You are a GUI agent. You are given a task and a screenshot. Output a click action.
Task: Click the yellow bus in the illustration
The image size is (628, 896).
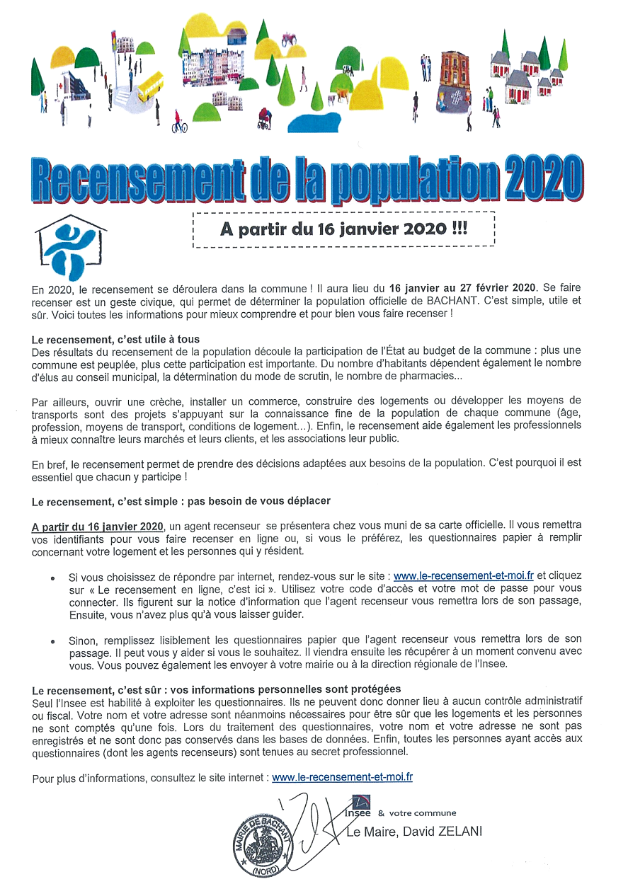(x=150, y=87)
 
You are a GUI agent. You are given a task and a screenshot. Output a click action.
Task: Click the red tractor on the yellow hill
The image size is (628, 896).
(x=289, y=40)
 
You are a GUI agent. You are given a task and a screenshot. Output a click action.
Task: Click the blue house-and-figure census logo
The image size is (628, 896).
(x=71, y=248)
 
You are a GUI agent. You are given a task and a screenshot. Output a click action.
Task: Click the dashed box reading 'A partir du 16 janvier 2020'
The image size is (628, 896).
(x=343, y=230)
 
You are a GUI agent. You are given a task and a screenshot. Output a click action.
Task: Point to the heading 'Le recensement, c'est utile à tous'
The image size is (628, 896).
(x=116, y=340)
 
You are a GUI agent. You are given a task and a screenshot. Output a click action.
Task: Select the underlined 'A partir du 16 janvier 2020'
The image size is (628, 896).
(x=98, y=526)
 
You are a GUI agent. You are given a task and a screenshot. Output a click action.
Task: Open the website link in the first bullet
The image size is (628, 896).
(x=464, y=576)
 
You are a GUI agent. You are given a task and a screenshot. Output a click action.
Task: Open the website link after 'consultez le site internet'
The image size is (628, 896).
(x=342, y=777)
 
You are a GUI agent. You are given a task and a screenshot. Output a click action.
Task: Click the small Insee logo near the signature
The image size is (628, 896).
(x=361, y=805)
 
